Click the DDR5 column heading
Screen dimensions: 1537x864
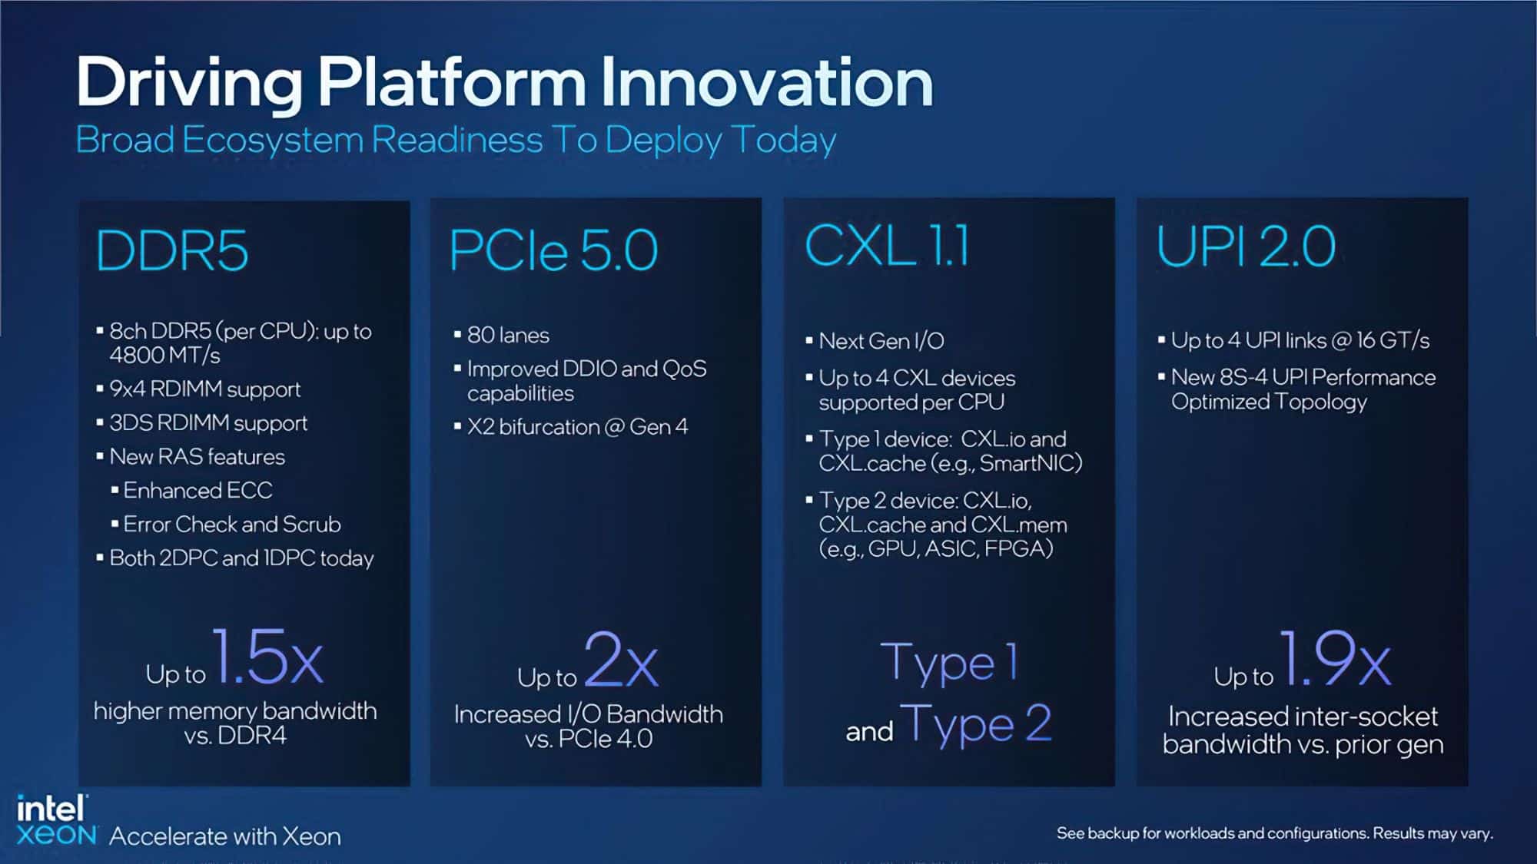(x=172, y=250)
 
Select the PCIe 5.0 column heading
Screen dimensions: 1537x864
(x=553, y=250)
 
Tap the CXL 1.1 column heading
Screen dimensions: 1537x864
(x=887, y=246)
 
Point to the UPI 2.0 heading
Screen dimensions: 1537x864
(x=1246, y=246)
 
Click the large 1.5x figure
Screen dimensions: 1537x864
(x=267, y=657)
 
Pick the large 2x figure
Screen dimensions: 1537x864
(x=621, y=659)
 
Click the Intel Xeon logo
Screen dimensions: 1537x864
(x=56, y=820)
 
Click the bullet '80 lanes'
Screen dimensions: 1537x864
(x=508, y=335)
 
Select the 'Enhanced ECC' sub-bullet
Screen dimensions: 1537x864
(x=198, y=490)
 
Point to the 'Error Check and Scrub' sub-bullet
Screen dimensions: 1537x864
(x=231, y=524)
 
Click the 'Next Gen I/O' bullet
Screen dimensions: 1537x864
(x=881, y=340)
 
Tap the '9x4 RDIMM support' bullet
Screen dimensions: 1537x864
(x=204, y=389)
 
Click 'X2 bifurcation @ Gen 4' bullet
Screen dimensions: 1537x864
(x=577, y=426)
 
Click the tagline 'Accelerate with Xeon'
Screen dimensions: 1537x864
(x=225, y=836)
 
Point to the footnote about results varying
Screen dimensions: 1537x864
(x=1275, y=833)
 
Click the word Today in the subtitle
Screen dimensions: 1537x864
(x=784, y=140)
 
